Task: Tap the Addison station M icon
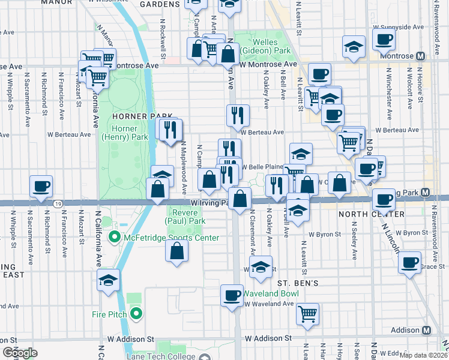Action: coord(427,331)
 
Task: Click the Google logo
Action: coord(20,352)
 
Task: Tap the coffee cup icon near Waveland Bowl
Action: coord(232,294)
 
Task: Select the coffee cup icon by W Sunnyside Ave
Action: coord(383,39)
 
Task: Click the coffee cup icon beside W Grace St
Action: coord(411,262)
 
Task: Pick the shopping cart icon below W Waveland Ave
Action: coord(307,313)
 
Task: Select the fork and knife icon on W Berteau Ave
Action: coord(238,114)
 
